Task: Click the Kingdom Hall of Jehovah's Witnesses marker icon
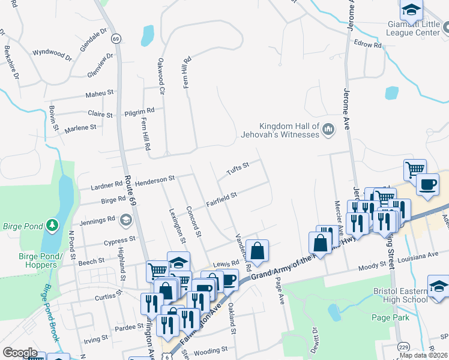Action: pyautogui.click(x=328, y=129)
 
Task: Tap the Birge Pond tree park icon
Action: pyautogui.click(x=53, y=224)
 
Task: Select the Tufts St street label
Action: pyautogui.click(x=238, y=169)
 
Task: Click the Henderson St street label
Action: pyautogui.click(x=154, y=179)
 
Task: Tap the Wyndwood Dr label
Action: pyautogui.click(x=52, y=55)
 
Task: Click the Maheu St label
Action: pyautogui.click(x=99, y=93)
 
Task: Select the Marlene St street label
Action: pyautogui.click(x=80, y=128)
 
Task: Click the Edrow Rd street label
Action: pyautogui.click(x=368, y=45)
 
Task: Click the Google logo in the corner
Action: pyautogui.click(x=20, y=353)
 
